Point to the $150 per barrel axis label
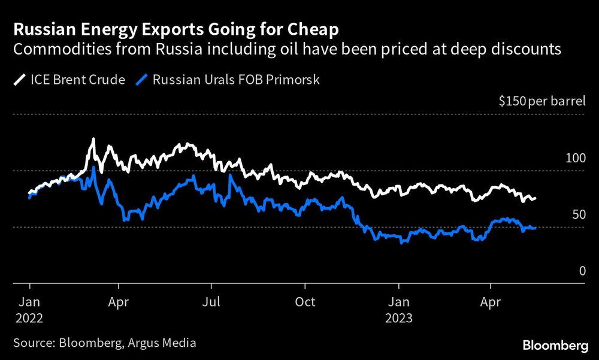(542, 101)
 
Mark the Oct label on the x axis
(305, 302)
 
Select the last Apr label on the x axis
(491, 302)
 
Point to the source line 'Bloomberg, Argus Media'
(127, 343)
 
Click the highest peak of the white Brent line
(93, 140)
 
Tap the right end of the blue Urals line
(535, 228)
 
